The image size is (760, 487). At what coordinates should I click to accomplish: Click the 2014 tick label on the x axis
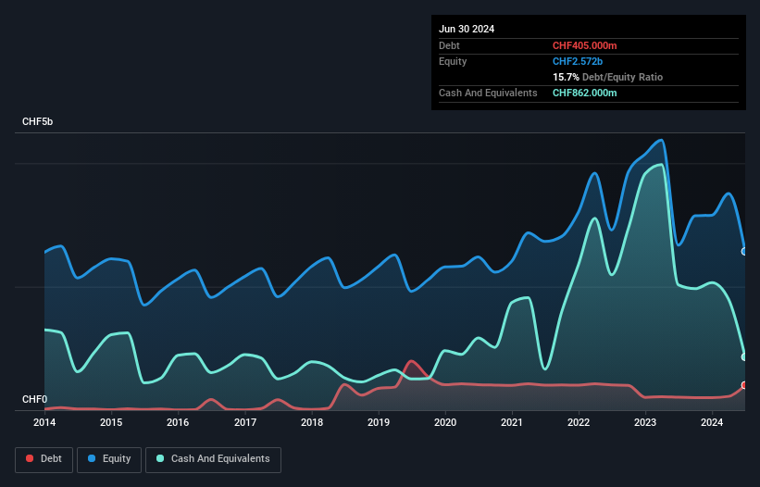pos(44,423)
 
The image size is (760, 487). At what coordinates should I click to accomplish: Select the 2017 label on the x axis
pos(245,423)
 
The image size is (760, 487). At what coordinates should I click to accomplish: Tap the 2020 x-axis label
pos(445,423)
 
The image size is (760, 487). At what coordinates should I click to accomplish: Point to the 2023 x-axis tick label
pos(645,423)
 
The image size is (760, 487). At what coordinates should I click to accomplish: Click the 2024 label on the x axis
pos(712,423)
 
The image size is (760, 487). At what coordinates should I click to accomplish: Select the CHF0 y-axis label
pos(35,400)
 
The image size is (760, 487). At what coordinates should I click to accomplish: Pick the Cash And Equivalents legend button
pos(213,459)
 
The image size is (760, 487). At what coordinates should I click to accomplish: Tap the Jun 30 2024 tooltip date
pos(467,29)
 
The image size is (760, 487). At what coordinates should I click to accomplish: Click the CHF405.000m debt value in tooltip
pos(585,45)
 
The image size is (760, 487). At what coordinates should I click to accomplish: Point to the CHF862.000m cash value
pos(585,93)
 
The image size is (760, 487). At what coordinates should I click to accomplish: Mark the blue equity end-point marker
pos(744,251)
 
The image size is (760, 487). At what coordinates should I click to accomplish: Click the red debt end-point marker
pos(744,385)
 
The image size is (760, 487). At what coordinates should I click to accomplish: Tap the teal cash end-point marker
pos(744,356)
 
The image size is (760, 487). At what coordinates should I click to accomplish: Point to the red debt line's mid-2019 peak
pos(411,361)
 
